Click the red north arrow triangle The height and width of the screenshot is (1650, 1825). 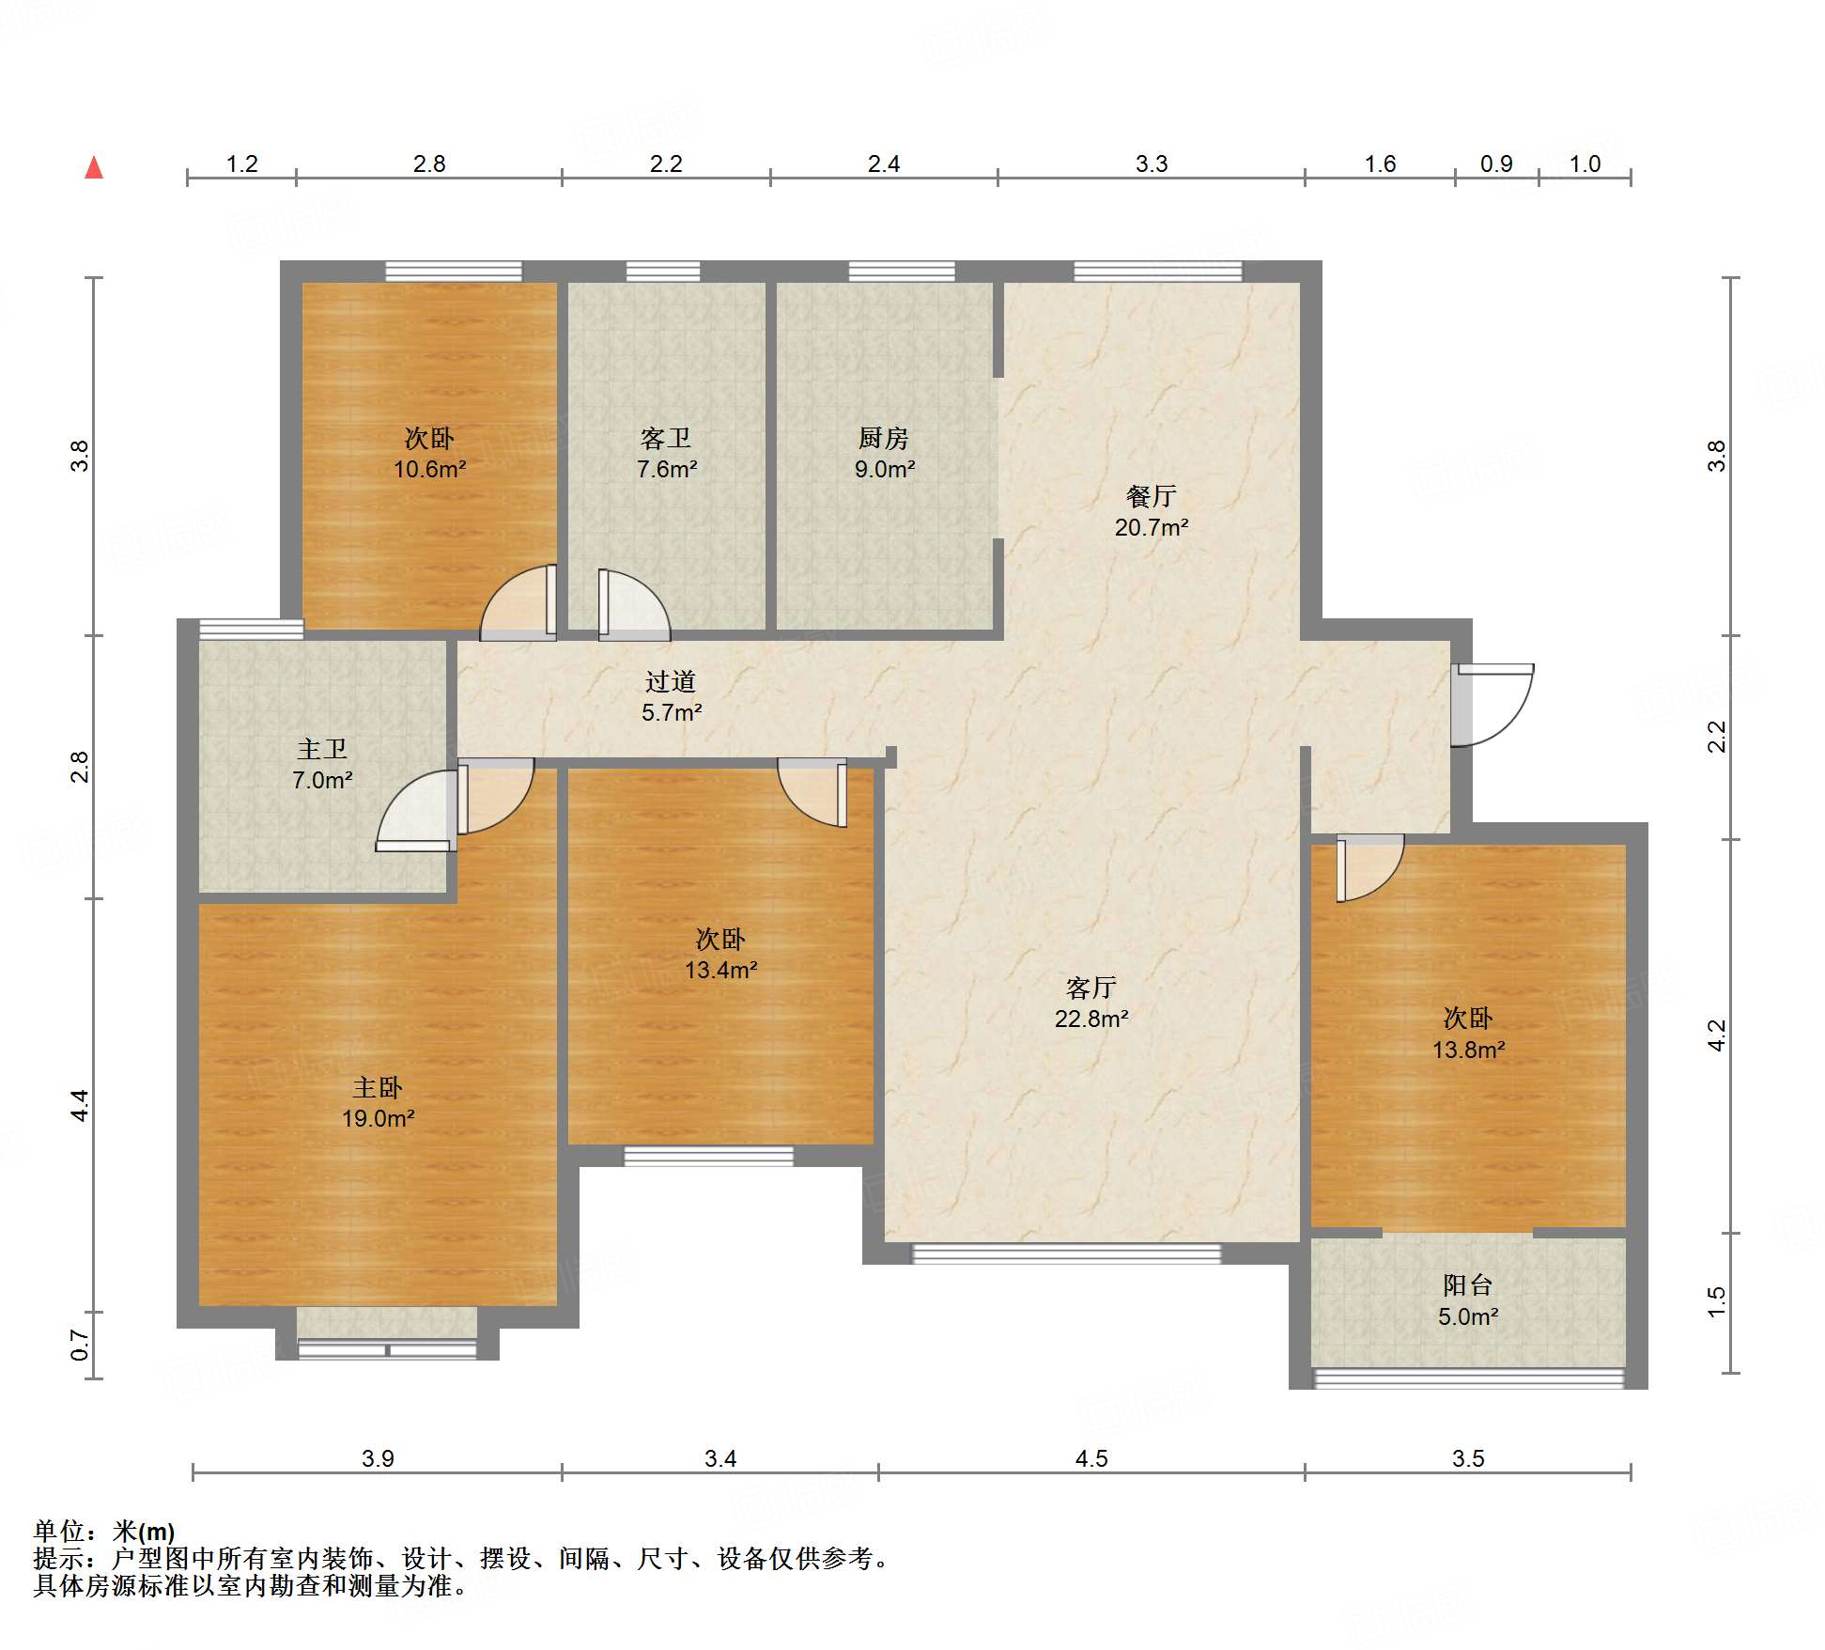(x=94, y=167)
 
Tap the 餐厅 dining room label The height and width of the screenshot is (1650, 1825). (x=1151, y=496)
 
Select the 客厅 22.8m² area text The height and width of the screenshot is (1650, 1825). (x=1090, y=1003)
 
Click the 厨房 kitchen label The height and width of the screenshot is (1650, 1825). (x=884, y=438)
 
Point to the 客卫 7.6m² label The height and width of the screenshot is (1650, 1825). (x=666, y=453)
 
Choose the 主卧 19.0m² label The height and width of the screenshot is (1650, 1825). (x=378, y=1102)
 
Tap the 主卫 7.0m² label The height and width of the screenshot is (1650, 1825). (x=322, y=764)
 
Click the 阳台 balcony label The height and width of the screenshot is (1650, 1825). (x=1467, y=1285)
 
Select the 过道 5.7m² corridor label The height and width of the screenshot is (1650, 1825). (x=671, y=696)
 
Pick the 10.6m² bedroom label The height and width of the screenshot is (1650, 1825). (x=429, y=453)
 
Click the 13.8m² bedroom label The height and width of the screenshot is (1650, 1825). (x=1468, y=1034)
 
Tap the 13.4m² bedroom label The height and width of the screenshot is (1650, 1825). (x=720, y=954)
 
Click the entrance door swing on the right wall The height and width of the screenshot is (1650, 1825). (x=1493, y=705)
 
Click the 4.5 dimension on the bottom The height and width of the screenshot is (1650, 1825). (x=1091, y=1458)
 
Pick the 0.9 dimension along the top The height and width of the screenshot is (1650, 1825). (x=1496, y=163)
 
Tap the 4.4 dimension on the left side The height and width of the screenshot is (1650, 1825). (x=80, y=1105)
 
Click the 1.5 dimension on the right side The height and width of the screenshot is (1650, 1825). (x=1716, y=1302)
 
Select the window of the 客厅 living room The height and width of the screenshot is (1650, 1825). (x=1067, y=1253)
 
